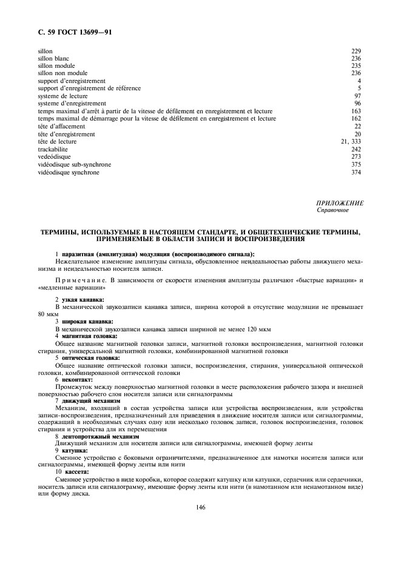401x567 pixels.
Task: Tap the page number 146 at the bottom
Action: (201, 507)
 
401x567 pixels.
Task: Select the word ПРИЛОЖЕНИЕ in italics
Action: (340, 204)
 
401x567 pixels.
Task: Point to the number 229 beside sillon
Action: (356, 51)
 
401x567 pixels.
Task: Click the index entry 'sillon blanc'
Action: (53, 58)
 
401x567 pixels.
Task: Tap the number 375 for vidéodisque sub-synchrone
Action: (356, 164)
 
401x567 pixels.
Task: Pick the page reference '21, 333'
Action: (351, 142)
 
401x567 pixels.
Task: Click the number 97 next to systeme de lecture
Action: (358, 96)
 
